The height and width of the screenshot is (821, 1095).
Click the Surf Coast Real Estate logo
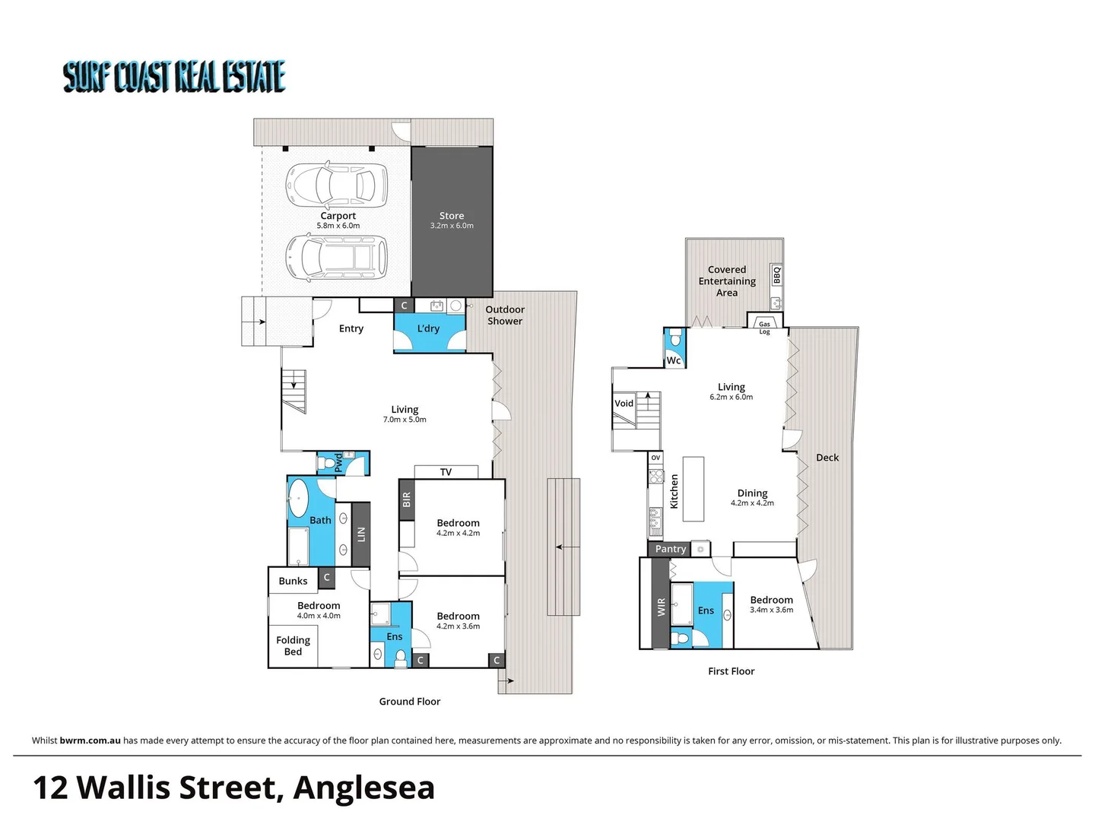click(x=174, y=77)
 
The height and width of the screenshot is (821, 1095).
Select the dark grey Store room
click(x=452, y=220)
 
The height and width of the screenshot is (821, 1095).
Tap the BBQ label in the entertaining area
click(x=776, y=274)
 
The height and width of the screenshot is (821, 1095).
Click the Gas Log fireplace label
click(x=764, y=328)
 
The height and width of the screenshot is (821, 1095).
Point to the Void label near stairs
click(x=624, y=404)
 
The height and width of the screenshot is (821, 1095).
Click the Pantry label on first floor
click(x=670, y=549)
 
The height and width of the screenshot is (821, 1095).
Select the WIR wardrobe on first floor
click(x=661, y=606)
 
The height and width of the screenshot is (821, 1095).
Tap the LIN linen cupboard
click(x=361, y=534)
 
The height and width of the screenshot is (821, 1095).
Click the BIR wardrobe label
click(x=407, y=499)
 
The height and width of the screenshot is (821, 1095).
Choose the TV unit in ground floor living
click(x=446, y=472)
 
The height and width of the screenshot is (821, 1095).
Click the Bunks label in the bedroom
click(x=293, y=581)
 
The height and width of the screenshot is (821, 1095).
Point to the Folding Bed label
click(x=293, y=645)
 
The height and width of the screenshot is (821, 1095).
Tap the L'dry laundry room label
click(x=428, y=328)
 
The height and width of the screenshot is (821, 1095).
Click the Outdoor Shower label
click(x=505, y=315)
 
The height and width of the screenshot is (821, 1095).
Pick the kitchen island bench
click(x=693, y=489)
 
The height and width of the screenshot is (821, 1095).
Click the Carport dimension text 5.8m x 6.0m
click(x=338, y=226)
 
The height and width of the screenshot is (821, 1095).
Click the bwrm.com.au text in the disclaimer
click(x=90, y=740)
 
